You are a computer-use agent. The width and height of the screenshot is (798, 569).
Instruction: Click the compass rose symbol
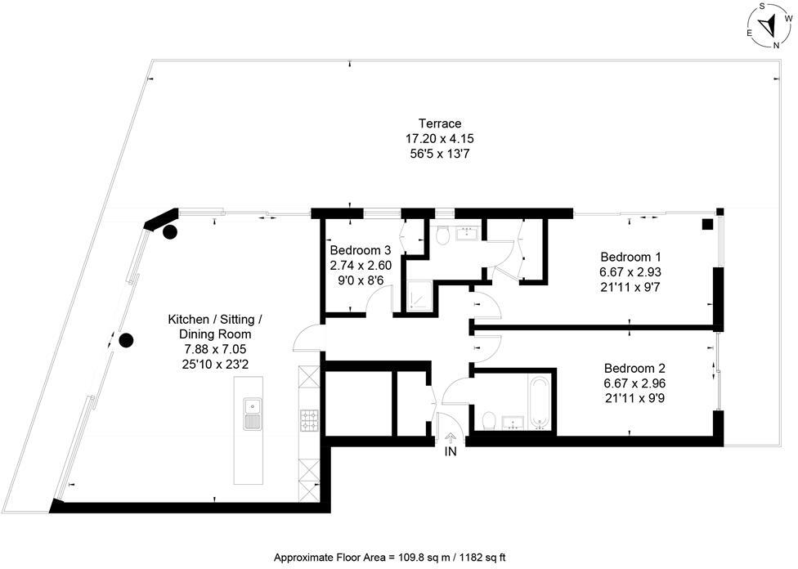point(766,26)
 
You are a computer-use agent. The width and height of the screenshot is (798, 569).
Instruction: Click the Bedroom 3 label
point(361,250)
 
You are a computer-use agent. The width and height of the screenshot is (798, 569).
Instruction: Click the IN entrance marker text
point(451,450)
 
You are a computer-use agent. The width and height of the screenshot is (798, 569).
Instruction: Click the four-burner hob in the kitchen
point(310,419)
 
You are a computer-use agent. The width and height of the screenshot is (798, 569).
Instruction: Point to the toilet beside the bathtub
point(489,419)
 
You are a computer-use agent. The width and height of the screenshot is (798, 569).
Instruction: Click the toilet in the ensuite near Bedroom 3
point(442,236)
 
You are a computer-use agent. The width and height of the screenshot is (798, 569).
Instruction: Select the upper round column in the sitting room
point(170,231)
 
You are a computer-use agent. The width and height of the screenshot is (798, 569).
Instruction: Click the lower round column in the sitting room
point(126,340)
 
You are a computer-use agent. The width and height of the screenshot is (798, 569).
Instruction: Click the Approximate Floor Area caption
point(389,557)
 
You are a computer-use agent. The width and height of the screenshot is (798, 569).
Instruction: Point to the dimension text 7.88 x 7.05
point(216,349)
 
